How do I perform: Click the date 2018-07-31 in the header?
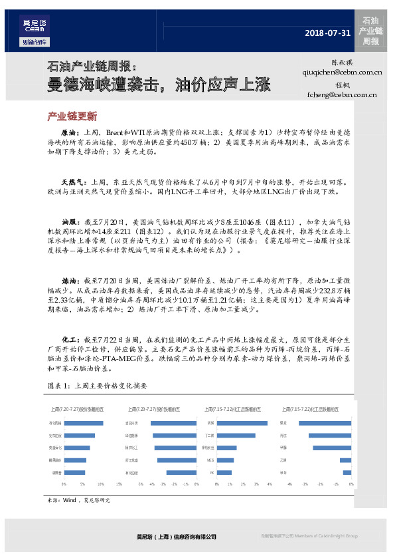click(326, 33)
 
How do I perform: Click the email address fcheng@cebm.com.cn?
click(338, 95)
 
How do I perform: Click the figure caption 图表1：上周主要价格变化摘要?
click(96, 386)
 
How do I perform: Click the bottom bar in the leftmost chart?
click(74, 472)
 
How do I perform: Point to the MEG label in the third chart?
click(210, 460)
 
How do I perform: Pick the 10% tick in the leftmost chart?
click(100, 485)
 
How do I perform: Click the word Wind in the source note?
click(70, 499)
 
